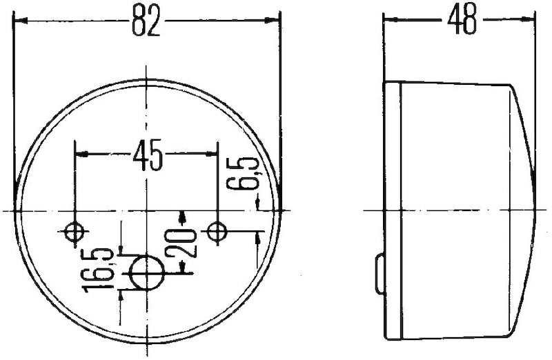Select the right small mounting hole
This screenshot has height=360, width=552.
point(218,232)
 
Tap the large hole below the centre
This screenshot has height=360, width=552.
point(147,272)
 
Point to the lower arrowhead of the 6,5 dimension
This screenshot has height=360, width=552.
point(258,238)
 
